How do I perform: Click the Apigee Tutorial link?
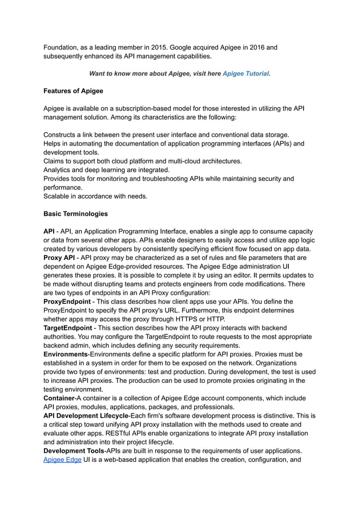click(245, 73)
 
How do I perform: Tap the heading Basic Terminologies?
click(76, 214)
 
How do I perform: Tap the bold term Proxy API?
click(59, 258)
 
